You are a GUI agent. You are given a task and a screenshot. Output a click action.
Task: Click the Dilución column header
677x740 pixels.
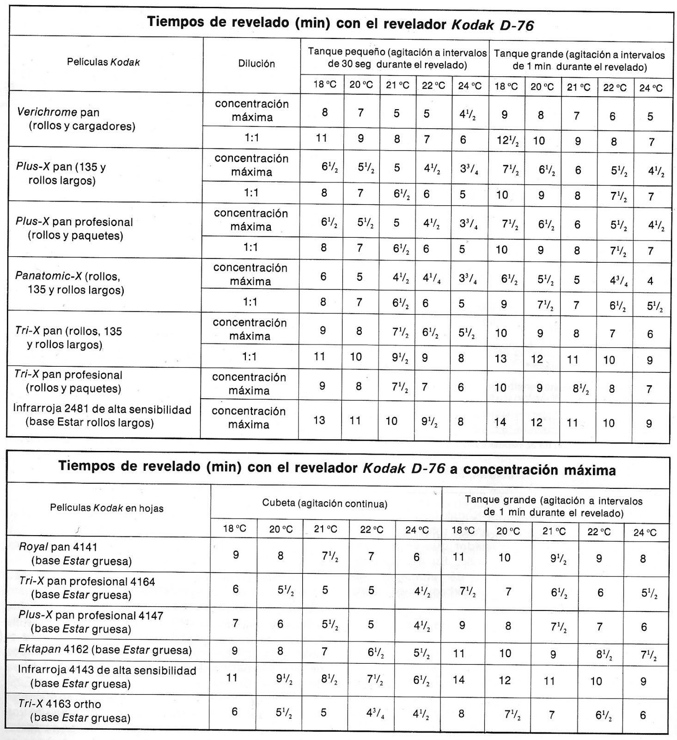coord(256,64)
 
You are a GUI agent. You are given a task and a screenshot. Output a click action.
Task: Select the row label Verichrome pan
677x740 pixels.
coord(58,112)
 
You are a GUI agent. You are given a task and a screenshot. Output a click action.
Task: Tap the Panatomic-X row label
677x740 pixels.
coord(67,276)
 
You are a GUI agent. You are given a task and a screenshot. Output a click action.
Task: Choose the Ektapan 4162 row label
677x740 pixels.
coord(104,649)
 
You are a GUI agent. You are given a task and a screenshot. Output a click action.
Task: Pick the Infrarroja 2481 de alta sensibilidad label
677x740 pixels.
coord(102,409)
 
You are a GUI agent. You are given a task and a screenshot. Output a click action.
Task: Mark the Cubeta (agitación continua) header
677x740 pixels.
coord(324,504)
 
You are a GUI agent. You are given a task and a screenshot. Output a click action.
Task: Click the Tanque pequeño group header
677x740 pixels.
coord(397,58)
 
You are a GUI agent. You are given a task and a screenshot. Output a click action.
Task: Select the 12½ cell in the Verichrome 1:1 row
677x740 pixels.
coord(507,141)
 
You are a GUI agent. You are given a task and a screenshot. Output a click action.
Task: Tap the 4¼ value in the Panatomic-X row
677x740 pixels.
coord(432,279)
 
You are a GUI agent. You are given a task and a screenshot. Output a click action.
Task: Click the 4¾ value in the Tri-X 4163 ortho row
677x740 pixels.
coord(375,714)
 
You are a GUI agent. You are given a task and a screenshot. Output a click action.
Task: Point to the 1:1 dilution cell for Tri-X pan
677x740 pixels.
coord(250,357)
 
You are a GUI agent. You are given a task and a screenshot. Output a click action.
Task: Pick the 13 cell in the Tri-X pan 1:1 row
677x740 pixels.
coord(501,358)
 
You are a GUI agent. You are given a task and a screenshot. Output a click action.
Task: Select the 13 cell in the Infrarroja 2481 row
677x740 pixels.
coord(319,420)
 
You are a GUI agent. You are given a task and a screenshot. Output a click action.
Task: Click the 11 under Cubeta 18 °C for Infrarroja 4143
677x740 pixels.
coord(232,678)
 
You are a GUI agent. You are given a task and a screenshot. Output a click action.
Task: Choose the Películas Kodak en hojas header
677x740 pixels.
coord(107,508)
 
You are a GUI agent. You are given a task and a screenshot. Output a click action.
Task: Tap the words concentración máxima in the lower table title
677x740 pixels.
coord(539,470)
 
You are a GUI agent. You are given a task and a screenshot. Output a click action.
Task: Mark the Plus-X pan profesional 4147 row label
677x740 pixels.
coord(91,616)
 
